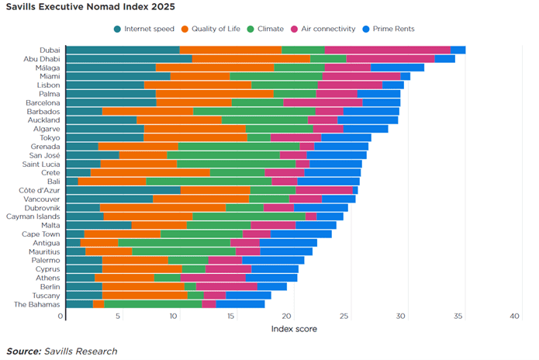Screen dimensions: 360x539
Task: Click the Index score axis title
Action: coord(294,328)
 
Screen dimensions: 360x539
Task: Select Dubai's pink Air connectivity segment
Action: coord(388,50)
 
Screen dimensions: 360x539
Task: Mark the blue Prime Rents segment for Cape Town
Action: coord(301,234)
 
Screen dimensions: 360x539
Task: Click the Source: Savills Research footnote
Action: coord(61,351)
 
